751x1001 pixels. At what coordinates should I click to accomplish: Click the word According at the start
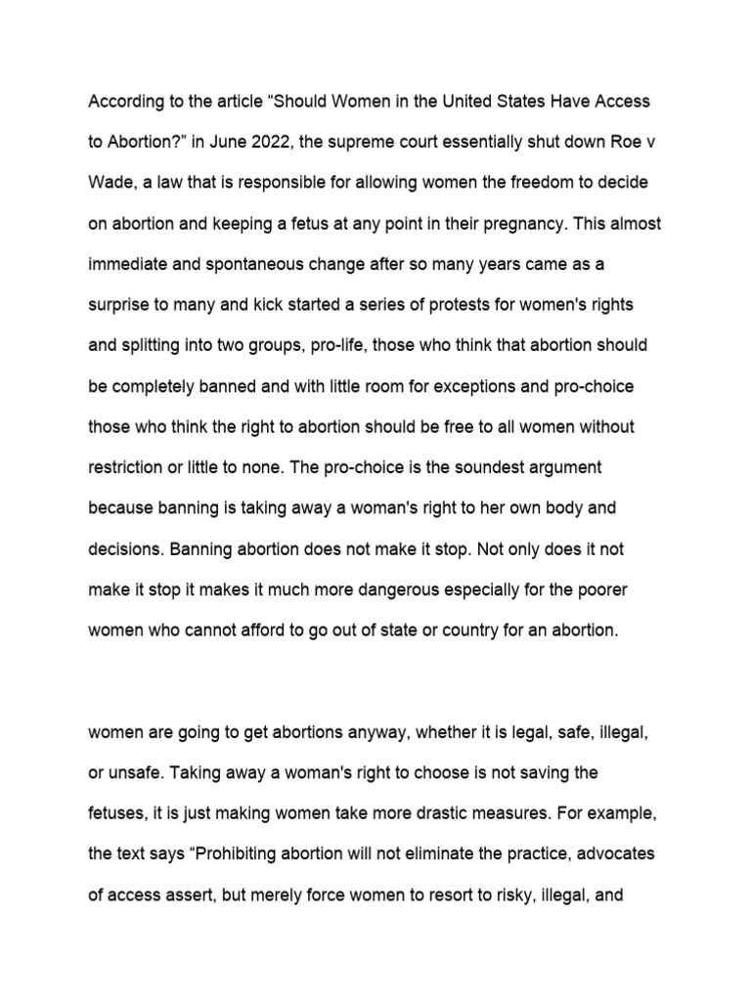[124, 102]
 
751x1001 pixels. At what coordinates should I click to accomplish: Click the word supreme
[366, 142]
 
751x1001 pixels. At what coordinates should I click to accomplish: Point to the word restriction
[127, 468]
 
